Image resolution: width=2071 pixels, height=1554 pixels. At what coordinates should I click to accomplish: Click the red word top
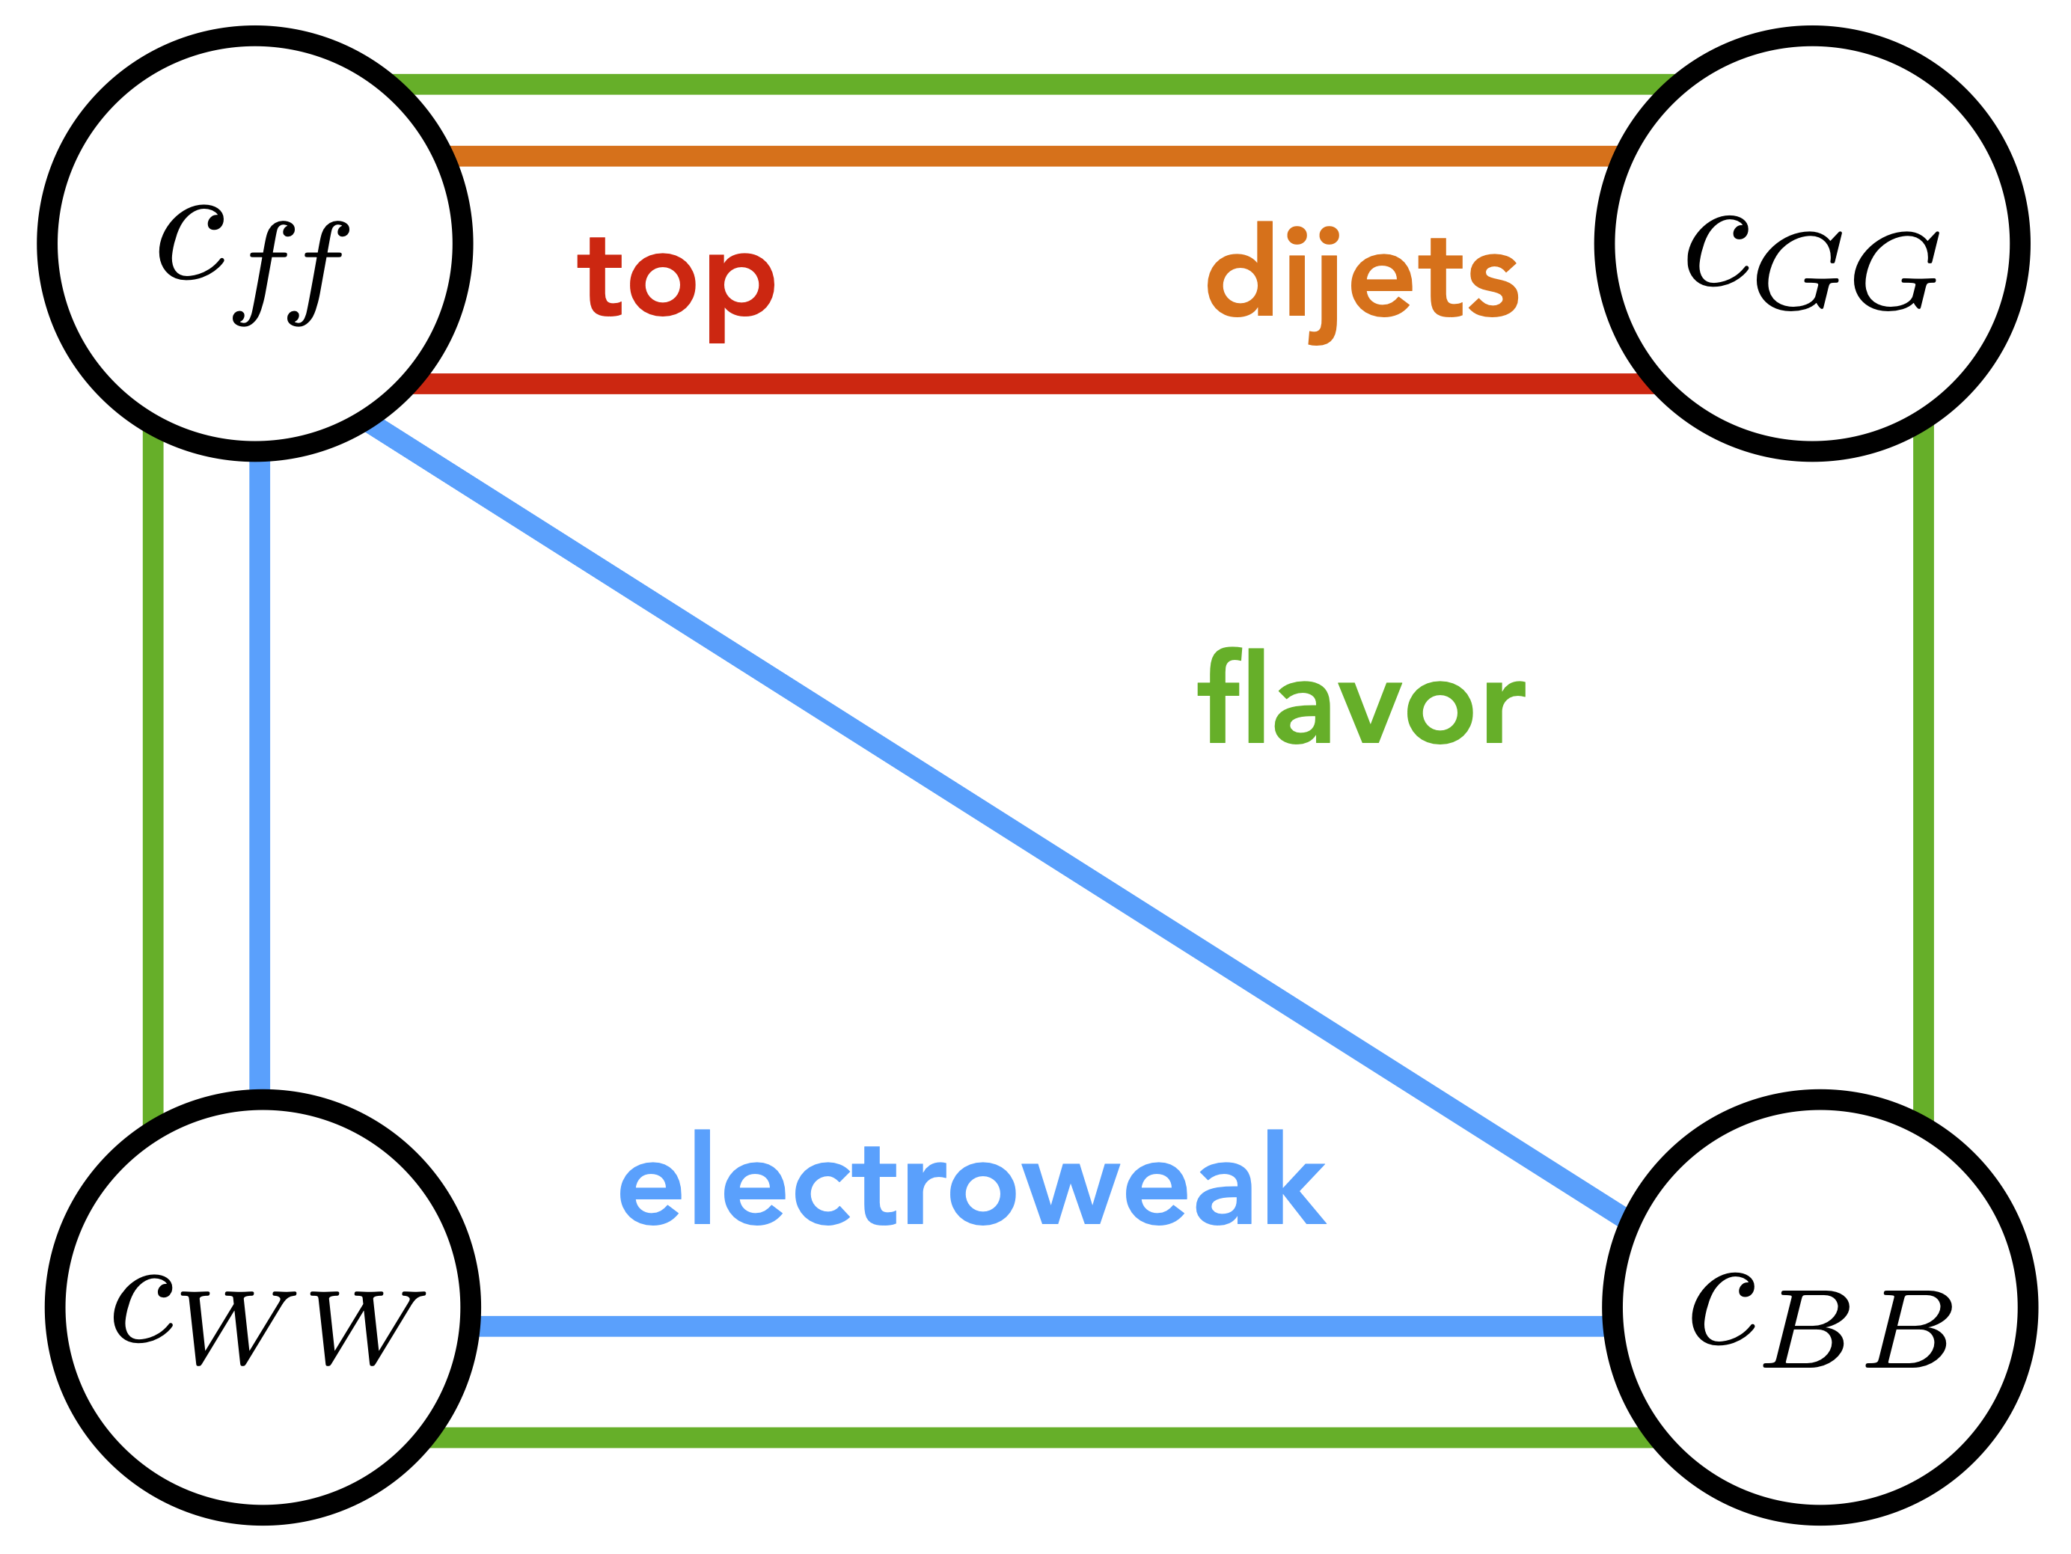[675, 286]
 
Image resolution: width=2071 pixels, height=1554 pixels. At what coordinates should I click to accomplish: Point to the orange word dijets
[1362, 281]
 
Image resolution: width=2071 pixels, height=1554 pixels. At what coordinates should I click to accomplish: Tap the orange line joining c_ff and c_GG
[1030, 156]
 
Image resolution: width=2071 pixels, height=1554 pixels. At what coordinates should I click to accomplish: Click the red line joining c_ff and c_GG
[1030, 384]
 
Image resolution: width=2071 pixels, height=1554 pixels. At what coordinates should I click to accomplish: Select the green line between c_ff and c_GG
[1030, 85]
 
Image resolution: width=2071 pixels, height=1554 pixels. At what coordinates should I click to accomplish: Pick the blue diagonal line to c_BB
[992, 819]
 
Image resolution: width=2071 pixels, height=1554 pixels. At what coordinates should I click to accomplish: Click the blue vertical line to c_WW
[260, 777]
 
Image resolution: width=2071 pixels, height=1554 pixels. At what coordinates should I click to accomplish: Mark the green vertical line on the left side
[153, 777]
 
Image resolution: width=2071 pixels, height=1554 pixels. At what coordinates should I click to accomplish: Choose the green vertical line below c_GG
[1923, 777]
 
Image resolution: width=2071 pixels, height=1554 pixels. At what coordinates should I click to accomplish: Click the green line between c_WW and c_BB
[1039, 1438]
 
